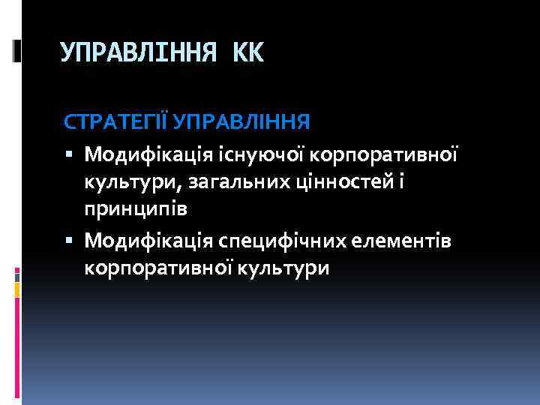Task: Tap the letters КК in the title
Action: point(249,52)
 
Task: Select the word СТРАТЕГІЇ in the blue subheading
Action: point(112,121)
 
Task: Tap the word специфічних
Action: point(277,239)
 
